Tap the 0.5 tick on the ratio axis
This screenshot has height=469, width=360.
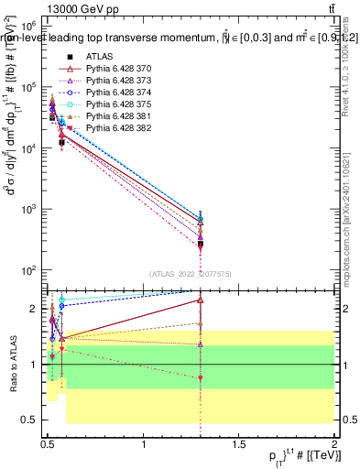(33, 420)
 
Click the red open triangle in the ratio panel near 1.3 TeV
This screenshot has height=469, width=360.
(201, 300)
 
